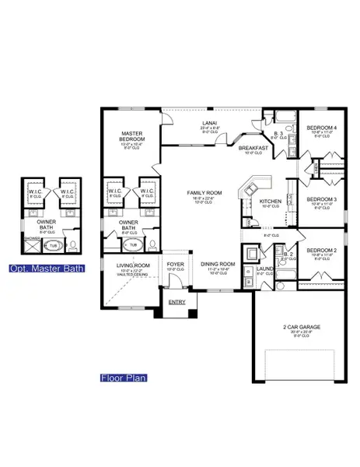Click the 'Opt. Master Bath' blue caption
53,270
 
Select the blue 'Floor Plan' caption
123,379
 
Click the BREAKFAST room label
253,147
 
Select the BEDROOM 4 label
320,127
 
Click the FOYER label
175,265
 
